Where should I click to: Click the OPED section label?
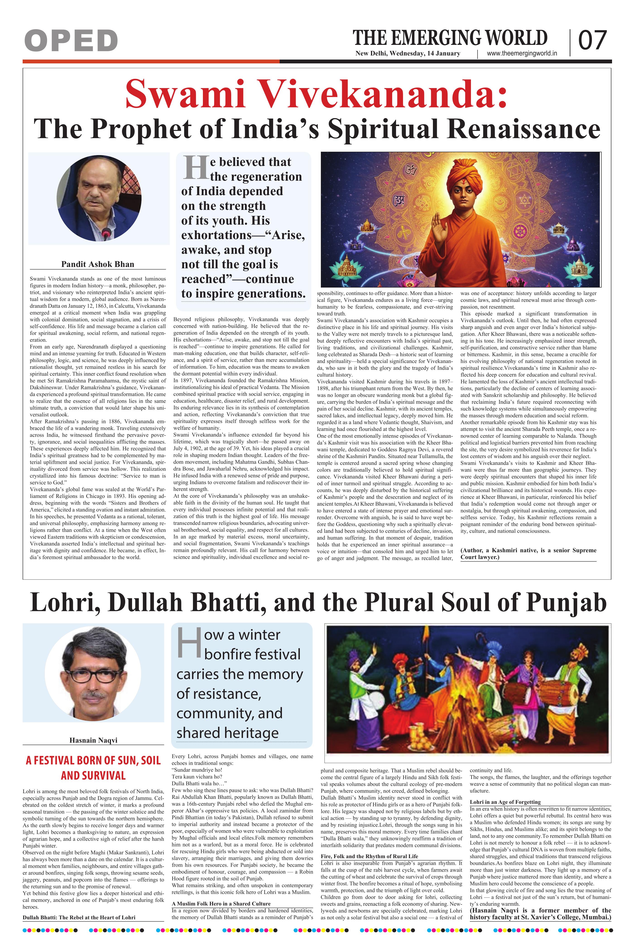[x=71, y=41]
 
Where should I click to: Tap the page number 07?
[x=592, y=41]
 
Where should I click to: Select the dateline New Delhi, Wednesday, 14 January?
[x=408, y=53]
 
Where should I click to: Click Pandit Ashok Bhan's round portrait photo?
[x=99, y=198]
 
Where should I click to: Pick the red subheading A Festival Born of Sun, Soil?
[x=93, y=761]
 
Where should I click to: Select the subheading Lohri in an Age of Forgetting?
[x=505, y=802]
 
